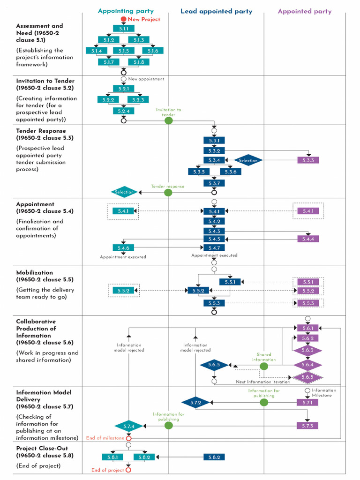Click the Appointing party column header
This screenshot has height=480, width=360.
pyautogui.click(x=125, y=11)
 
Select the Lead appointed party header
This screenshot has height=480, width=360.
pyautogui.click(x=216, y=11)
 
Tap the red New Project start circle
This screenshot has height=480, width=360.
pyautogui.click(x=123, y=19)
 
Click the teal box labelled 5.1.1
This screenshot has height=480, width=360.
pyautogui.click(x=124, y=29)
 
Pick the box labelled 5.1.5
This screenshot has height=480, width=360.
pyautogui.click(x=124, y=51)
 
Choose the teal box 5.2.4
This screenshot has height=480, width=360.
pyautogui.click(x=124, y=111)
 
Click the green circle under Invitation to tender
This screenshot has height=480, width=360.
pyautogui.click(x=169, y=120)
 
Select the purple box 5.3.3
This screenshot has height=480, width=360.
pyautogui.click(x=308, y=160)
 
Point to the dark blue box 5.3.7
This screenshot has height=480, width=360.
pyautogui.click(x=214, y=183)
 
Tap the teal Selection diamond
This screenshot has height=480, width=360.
pyautogui.click(x=124, y=192)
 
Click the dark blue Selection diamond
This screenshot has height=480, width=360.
pyautogui.click(x=248, y=160)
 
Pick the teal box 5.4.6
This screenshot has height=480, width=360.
pyautogui.click(x=123, y=247)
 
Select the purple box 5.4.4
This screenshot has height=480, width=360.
pyautogui.click(x=308, y=239)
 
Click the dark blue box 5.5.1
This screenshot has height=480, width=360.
pyautogui.click(x=230, y=282)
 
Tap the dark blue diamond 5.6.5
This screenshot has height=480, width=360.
pyautogui.click(x=214, y=365)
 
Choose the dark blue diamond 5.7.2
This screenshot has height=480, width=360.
pyautogui.click(x=195, y=402)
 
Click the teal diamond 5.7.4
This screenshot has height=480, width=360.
pyautogui.click(x=129, y=426)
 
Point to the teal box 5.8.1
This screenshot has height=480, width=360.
pyautogui.click(x=112, y=457)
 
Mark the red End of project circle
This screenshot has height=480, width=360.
pyautogui.click(x=128, y=470)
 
